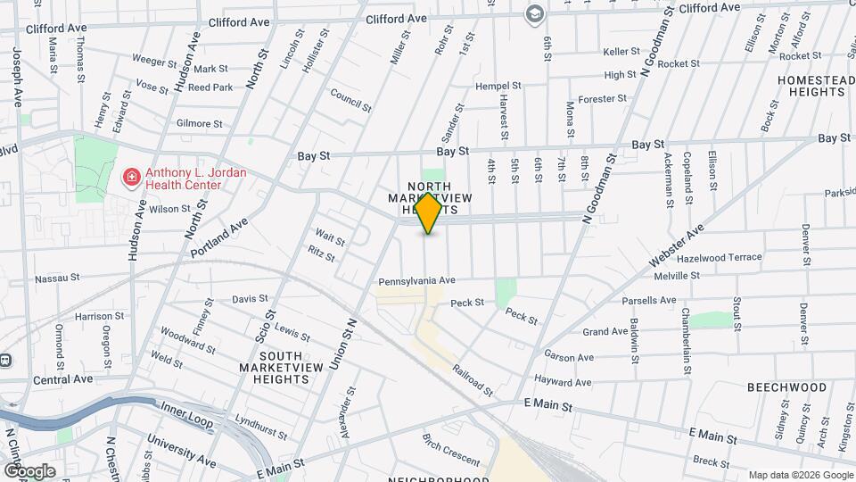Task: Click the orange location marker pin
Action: point(428,212)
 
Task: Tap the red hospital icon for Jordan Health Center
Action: point(131,178)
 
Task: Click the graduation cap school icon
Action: point(534,13)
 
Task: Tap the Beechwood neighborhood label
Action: point(786,387)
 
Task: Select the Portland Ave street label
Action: point(218,238)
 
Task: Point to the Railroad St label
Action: point(472,379)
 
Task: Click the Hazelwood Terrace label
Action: point(720,257)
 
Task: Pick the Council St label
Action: point(350,100)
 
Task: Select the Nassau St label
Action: point(58,278)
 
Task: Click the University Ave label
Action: point(181,452)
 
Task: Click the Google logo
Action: point(29,470)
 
